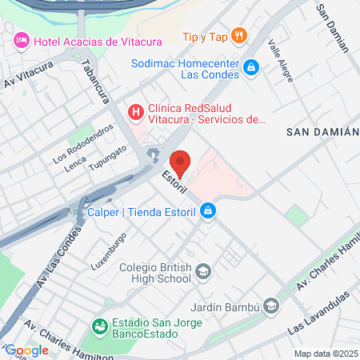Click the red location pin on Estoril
click(180, 162)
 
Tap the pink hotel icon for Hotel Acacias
click(21, 40)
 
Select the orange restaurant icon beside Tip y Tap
click(238, 35)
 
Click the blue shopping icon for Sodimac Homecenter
click(251, 68)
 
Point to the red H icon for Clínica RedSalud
click(135, 111)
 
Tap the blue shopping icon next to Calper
click(207, 211)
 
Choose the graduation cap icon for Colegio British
click(203, 273)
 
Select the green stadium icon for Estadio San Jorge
click(100, 326)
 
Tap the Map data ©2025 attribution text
click(326, 354)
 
